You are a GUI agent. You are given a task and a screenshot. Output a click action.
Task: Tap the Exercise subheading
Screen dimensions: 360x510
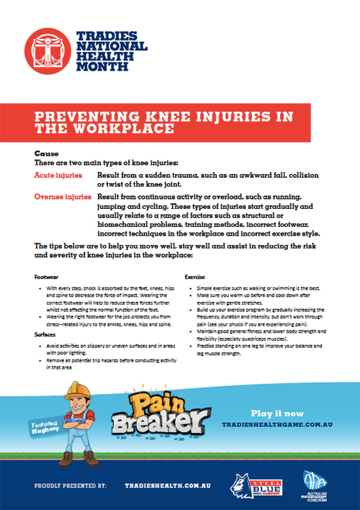(x=196, y=276)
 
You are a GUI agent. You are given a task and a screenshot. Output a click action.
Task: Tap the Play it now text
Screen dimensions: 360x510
(x=276, y=413)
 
